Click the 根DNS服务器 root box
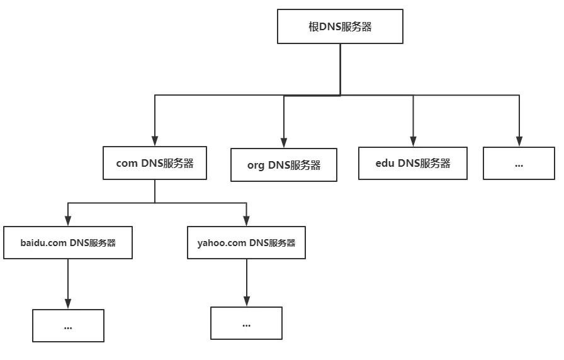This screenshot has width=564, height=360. coord(340,26)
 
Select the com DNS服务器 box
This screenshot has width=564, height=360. coord(155,163)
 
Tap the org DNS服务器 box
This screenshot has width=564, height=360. coord(284,165)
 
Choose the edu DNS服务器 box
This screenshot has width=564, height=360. coord(412,163)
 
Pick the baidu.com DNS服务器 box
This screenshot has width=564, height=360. coord(68,242)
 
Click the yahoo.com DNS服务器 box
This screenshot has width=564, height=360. coord(246,242)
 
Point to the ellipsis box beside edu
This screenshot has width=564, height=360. coord(519,163)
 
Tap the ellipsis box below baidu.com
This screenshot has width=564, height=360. coord(68,325)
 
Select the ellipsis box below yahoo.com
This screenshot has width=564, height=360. coord(246,323)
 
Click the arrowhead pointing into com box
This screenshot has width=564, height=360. coord(155,141)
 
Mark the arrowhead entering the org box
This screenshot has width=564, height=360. coord(284,143)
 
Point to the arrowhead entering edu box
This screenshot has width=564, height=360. coord(413,142)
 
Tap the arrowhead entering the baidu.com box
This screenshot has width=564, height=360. coord(68,221)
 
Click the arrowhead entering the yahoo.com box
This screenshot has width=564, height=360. coord(246,221)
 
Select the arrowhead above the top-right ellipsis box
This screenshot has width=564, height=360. coord(519,142)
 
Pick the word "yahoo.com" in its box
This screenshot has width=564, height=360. coord(222,243)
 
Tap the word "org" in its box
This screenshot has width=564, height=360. coord(256,166)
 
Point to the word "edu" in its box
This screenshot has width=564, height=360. coord(385,163)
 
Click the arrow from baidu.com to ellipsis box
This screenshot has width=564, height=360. coord(68,284)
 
